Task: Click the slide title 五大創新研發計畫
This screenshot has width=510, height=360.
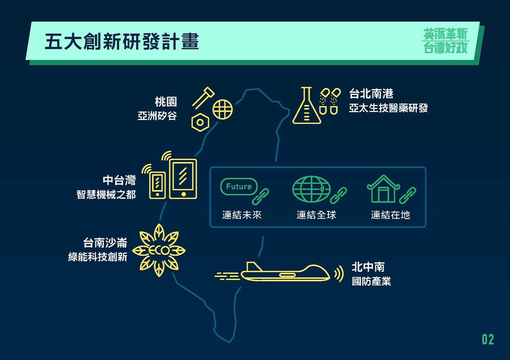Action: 122,41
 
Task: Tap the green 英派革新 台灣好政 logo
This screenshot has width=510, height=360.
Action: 445,41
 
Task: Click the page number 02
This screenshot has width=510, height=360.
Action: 488,340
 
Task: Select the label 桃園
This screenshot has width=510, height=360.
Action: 166,102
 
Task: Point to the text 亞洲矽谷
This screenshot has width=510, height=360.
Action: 157,116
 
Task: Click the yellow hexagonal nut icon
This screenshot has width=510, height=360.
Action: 200,122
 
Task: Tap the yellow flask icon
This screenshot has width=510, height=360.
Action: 306,106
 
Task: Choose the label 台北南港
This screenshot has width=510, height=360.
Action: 371,94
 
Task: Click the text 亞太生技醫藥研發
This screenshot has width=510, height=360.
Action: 388,108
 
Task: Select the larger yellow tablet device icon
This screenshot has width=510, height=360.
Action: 183,179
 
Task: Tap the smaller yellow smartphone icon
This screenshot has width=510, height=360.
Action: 157,185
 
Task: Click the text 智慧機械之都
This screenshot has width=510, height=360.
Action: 106,195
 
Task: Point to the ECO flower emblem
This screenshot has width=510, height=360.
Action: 159,250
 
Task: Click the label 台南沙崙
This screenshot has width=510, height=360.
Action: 105,243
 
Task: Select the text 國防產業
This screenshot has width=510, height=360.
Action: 371,281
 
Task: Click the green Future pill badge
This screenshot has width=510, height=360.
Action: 239,187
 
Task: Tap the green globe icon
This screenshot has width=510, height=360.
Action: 311,189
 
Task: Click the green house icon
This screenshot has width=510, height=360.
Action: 383,189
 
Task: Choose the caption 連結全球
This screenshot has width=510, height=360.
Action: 316,215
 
